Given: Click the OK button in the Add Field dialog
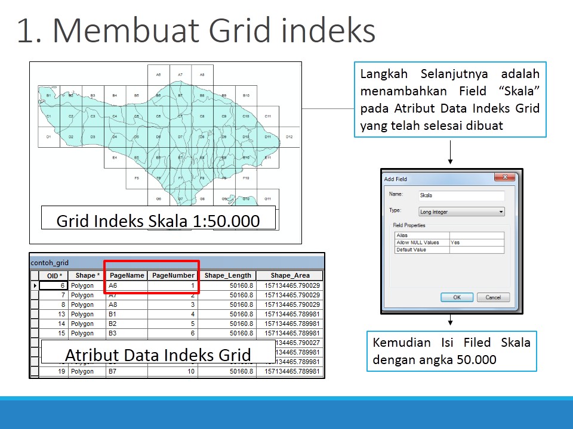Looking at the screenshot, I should tap(457, 297).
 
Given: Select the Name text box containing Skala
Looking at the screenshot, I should tap(461, 195).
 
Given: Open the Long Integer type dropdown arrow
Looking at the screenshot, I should tap(501, 212).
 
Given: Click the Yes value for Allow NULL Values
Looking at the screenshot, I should tap(455, 243).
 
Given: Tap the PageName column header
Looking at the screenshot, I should tap(127, 276).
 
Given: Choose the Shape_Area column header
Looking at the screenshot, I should tap(289, 276).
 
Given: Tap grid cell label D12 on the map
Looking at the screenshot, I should tap(289, 137).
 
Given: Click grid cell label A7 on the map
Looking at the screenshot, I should tap(180, 75).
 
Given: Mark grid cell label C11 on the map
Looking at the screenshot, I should tap(268, 116).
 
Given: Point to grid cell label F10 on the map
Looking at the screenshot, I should tap(246, 178).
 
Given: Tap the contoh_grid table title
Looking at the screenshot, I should tap(50, 262).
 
